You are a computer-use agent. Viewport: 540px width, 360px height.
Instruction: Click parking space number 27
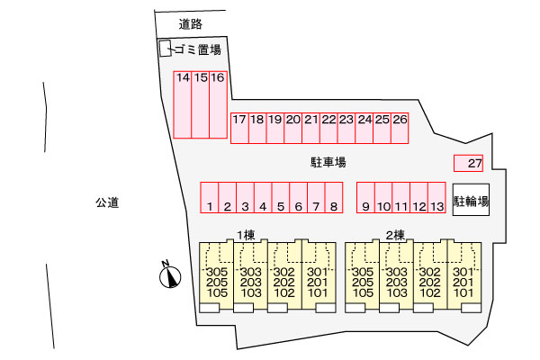pos(469,163)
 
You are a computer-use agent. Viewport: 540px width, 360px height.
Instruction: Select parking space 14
pos(183,103)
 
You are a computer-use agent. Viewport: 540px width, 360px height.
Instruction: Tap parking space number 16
pos(218,103)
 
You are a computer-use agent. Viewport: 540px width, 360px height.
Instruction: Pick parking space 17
pos(239,127)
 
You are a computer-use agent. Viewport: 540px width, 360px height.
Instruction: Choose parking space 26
pos(400,127)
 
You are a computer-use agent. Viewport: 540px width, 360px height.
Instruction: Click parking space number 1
pos(209,197)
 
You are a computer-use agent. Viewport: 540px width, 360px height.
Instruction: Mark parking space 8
pos(333,197)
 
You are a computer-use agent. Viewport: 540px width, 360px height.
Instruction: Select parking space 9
pos(365,197)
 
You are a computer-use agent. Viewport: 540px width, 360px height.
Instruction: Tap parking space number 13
pos(437,197)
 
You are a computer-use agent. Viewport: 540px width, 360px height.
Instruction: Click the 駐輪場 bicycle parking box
pos(471,202)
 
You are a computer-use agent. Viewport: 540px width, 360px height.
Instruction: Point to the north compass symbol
pos(168,275)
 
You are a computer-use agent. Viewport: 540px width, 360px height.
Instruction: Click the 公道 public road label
pos(107,202)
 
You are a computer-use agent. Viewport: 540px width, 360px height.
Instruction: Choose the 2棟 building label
pos(394,235)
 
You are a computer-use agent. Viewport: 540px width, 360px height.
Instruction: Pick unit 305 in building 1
pos(217,273)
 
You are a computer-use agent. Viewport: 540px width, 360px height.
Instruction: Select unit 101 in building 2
pos(463,292)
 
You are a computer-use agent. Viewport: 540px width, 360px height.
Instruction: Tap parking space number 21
pos(311,127)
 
